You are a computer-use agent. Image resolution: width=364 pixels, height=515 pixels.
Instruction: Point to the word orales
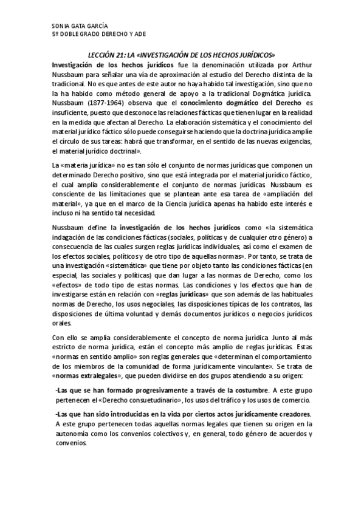coord(62,321)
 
